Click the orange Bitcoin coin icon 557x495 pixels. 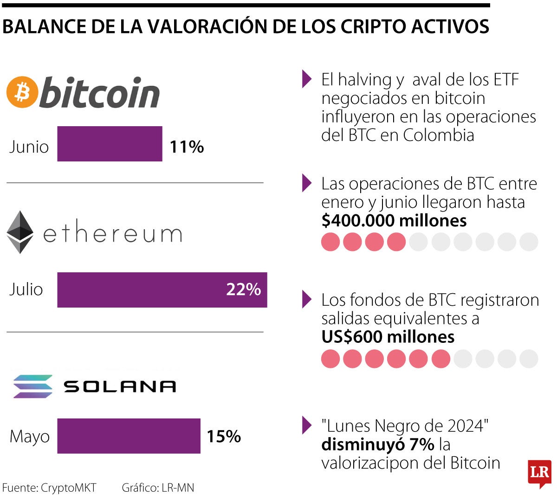click(21, 91)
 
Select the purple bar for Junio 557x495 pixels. click(110, 144)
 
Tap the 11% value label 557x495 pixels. click(187, 147)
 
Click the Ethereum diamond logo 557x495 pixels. click(20, 232)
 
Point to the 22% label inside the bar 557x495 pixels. click(243, 289)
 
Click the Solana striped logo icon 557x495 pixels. click(32, 386)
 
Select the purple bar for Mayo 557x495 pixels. click(129, 436)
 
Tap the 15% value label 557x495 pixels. click(223, 436)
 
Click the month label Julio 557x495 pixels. click(26, 289)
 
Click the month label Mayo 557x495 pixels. click(29, 437)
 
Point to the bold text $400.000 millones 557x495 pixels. click(394, 220)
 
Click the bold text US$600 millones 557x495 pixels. click(388, 337)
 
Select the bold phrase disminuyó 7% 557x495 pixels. click(377, 444)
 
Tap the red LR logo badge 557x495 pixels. click(539, 473)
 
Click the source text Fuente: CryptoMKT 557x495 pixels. click(49, 488)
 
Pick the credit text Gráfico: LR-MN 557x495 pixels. click(158, 488)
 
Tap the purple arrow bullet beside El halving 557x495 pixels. click(306, 79)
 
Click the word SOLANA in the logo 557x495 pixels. click(120, 386)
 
